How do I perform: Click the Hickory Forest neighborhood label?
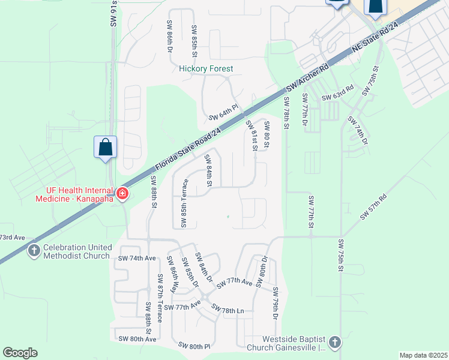(206, 69)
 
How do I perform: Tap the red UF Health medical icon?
(122, 193)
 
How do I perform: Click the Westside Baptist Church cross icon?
(334, 343)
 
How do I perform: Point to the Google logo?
(20, 353)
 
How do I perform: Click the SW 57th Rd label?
(373, 206)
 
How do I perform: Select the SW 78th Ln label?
(228, 310)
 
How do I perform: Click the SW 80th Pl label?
(194, 346)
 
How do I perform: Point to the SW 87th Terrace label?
(160, 298)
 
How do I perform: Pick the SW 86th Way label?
(172, 274)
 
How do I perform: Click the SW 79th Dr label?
(276, 304)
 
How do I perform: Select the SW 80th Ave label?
(137, 339)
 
